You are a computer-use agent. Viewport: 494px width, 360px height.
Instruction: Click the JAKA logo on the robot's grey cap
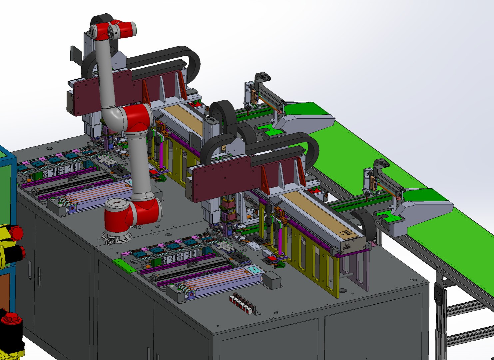117,202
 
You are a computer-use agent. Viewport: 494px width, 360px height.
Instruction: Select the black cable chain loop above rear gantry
187,62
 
